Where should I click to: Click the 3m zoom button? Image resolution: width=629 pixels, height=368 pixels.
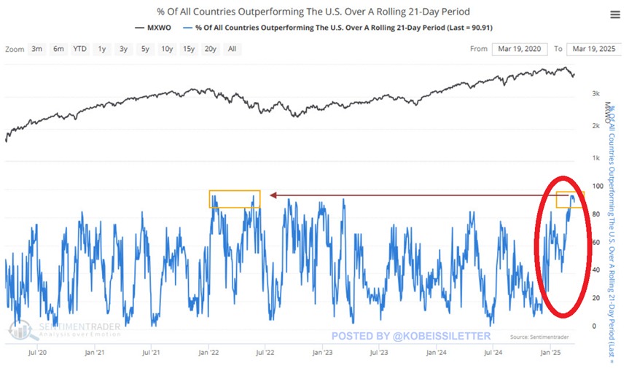[x=36, y=49]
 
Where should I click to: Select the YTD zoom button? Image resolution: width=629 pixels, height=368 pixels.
[x=79, y=49]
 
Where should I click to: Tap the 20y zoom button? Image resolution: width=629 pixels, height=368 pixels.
[x=210, y=49]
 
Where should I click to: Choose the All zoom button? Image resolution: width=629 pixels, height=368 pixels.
[x=232, y=49]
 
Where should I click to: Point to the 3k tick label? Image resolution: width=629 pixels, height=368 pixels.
[x=595, y=94]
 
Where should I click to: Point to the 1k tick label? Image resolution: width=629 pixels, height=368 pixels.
[x=595, y=158]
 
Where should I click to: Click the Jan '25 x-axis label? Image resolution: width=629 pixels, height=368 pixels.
[x=550, y=352]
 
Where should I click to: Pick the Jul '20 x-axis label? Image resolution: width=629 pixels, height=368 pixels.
[x=36, y=352]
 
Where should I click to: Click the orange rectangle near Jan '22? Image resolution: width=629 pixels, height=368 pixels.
[x=234, y=199]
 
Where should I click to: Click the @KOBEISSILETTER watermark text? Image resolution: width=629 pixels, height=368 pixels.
[x=411, y=336]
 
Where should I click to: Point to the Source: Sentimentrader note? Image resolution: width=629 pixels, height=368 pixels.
[x=540, y=337]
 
